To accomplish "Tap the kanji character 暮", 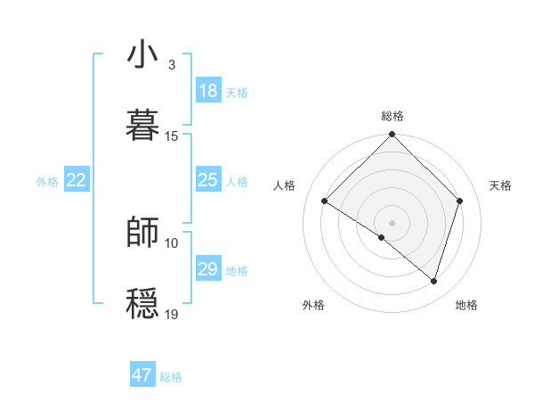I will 142,125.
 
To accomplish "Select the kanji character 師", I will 142,232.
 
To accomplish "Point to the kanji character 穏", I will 142,303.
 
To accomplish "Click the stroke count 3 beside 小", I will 172,65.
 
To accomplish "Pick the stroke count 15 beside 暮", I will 172,136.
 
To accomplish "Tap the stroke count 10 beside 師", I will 172,242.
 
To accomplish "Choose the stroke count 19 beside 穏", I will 172,314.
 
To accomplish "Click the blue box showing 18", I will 208,91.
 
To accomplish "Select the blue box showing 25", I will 208,180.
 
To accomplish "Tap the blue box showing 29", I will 208,269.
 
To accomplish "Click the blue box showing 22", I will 77,180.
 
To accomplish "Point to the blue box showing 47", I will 142,375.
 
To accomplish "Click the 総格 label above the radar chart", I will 392,116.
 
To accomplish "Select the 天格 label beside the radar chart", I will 500,185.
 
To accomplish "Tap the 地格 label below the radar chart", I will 466,305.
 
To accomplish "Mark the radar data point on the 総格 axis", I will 392,136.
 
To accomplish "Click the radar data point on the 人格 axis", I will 325,201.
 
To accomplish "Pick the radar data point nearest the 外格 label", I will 382,237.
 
